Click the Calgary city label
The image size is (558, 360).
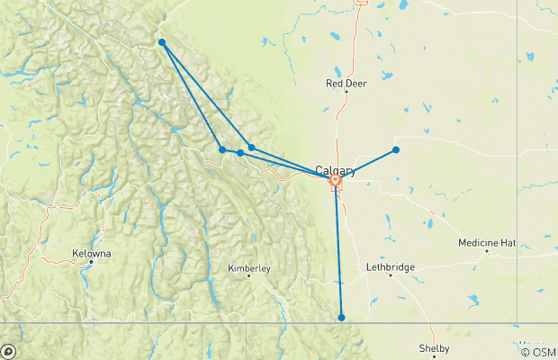point(335,170)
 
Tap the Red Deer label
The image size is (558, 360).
point(345,84)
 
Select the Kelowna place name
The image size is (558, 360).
point(93,254)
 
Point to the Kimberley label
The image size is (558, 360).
point(248,267)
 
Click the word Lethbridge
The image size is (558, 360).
point(391,267)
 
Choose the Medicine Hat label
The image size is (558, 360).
point(487,242)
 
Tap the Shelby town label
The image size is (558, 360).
point(434,348)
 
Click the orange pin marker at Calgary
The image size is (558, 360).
point(335,181)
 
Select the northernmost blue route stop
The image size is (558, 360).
point(161,42)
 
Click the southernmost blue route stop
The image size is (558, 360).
point(342,317)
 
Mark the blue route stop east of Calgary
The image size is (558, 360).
point(396,149)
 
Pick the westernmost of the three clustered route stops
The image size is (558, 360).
point(222,149)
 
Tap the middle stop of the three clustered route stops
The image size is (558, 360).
point(240,153)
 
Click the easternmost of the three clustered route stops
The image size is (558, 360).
point(252,147)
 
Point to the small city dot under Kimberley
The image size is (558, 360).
point(248,276)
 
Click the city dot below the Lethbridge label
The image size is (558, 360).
point(391,275)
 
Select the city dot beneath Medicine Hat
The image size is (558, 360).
point(487,251)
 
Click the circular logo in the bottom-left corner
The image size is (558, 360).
point(9,351)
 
